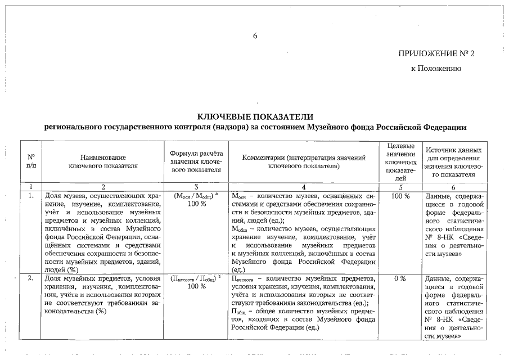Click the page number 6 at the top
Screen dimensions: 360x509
coord(255,36)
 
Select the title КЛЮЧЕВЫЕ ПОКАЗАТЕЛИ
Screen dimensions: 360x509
coord(254,116)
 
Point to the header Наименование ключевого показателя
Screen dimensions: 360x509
coord(103,161)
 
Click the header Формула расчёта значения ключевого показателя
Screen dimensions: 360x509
coord(196,161)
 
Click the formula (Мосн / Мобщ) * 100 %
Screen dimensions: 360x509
coord(196,200)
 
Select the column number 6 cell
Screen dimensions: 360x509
coord(453,187)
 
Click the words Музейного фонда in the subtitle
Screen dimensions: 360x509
coord(352,127)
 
